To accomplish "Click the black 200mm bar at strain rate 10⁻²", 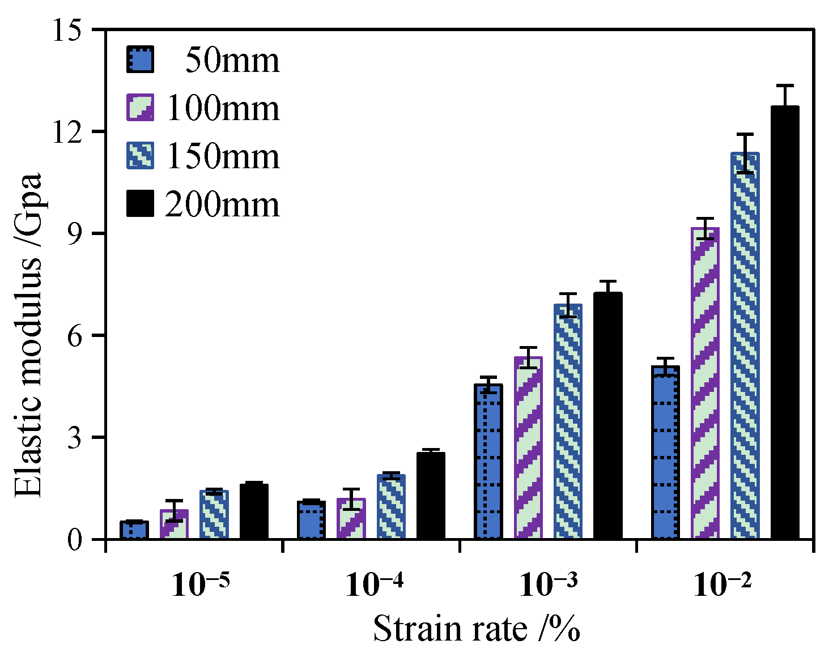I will point(785,323).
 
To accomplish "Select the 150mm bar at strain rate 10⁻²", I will point(745,345).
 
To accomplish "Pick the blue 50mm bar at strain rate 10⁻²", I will point(665,453).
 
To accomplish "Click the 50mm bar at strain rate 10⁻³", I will point(488,462).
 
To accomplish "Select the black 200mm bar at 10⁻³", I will point(607,416).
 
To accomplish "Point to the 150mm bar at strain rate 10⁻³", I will point(568,422).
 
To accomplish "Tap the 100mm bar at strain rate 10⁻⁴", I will point(351,519).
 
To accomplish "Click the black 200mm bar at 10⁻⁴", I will point(431,496).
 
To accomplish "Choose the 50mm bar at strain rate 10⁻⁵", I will point(134,530).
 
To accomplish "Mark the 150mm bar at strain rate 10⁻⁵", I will point(214,515).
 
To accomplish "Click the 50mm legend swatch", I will point(139,59).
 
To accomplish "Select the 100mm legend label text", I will point(223,108).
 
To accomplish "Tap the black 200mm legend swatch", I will point(139,203).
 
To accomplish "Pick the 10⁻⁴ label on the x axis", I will point(374,585).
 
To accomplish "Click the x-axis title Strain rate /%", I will point(477,629).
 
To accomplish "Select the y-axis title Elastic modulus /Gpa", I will point(28,334).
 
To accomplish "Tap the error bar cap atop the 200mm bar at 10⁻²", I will point(785,86).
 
